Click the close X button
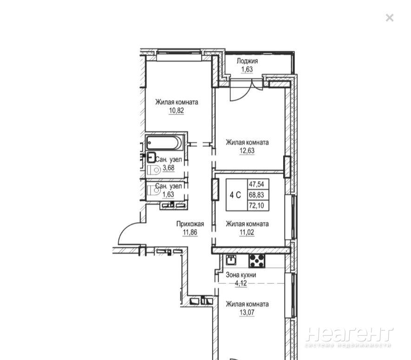click(389, 18)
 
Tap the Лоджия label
click(247, 61)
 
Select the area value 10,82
click(176, 111)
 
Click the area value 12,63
click(247, 151)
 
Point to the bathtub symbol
click(165, 143)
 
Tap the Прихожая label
click(190, 224)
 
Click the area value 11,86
click(190, 232)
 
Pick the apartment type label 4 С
click(235, 195)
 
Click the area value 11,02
click(247, 232)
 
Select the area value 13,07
click(247, 313)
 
